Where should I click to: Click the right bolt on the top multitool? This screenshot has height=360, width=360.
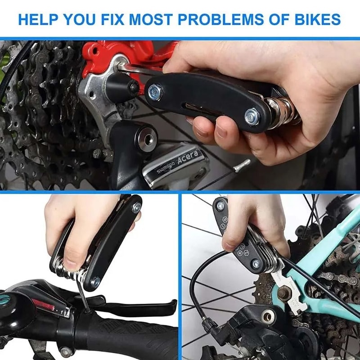point(252,117)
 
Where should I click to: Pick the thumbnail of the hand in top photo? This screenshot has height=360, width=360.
point(221,131)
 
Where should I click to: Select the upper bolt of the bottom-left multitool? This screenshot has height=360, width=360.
point(136,207)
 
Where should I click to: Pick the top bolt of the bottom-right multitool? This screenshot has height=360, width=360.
point(220,206)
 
